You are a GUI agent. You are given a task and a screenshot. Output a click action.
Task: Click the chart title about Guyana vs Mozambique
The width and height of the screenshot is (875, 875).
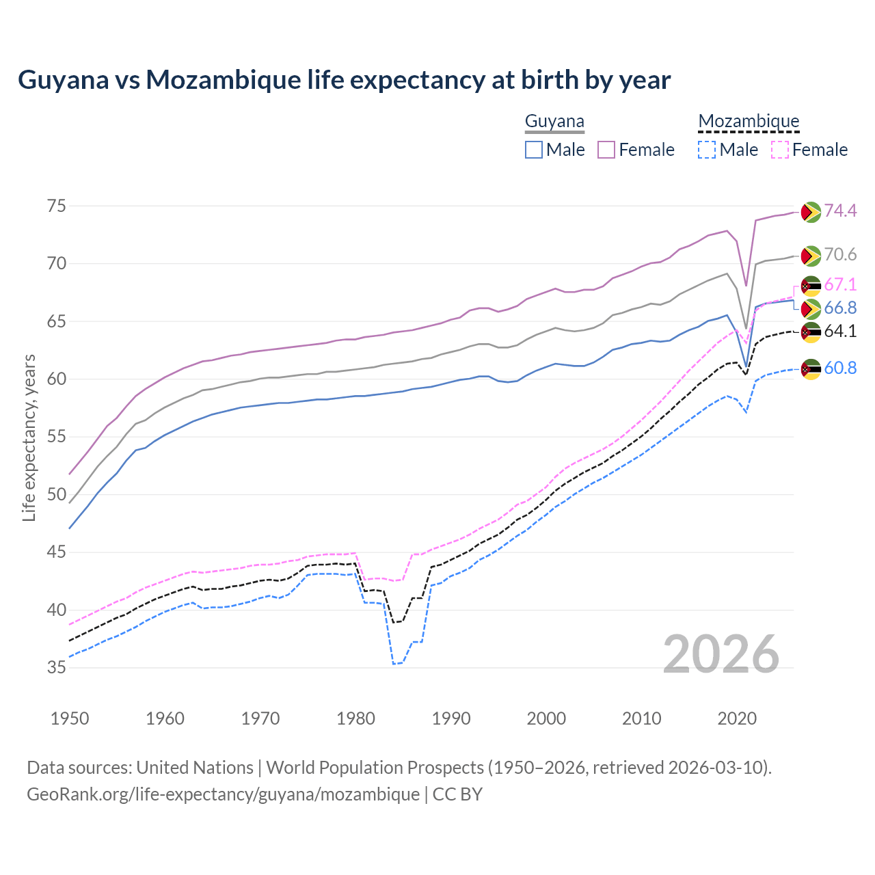click(344, 80)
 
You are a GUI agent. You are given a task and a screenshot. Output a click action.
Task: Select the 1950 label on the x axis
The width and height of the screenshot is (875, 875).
click(70, 718)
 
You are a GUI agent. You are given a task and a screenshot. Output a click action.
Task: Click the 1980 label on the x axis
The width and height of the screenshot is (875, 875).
click(355, 718)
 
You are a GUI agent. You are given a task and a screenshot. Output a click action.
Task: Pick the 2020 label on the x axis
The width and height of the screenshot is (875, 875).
click(737, 718)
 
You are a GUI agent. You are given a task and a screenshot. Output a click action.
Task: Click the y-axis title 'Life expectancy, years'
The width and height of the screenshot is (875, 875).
click(29, 437)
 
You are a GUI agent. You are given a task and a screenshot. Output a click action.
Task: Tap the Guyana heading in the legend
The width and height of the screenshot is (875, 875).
click(554, 122)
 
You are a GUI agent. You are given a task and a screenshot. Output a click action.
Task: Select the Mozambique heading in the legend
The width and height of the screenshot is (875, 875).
click(749, 122)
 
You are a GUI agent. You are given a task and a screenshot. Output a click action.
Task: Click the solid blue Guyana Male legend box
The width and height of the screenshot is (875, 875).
click(534, 150)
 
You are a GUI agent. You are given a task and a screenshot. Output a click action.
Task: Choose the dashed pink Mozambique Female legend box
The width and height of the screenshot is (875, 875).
click(780, 150)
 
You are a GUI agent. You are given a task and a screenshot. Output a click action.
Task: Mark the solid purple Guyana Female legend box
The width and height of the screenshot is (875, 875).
click(606, 150)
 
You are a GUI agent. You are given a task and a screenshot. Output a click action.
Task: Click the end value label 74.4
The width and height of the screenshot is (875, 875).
click(840, 211)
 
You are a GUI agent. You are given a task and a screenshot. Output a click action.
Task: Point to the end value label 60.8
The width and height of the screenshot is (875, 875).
click(840, 368)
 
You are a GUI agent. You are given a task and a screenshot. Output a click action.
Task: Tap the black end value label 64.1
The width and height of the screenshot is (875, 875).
click(840, 332)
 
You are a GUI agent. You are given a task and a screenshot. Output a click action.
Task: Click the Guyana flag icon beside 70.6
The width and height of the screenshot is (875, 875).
click(811, 256)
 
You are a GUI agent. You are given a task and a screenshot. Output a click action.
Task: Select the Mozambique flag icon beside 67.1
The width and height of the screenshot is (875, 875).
click(811, 285)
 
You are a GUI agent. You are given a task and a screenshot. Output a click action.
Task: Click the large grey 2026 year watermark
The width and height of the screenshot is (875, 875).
click(721, 654)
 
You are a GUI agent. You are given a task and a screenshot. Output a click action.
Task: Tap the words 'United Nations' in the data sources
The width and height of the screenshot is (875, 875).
click(195, 768)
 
